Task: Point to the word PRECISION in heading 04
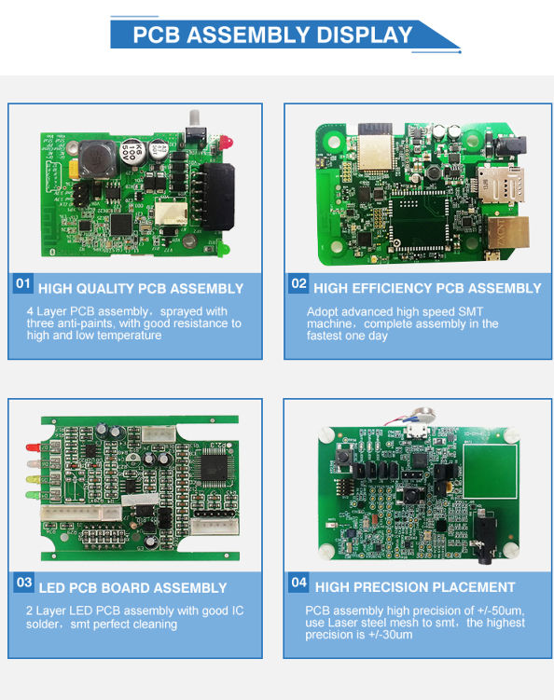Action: click(x=399, y=587)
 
